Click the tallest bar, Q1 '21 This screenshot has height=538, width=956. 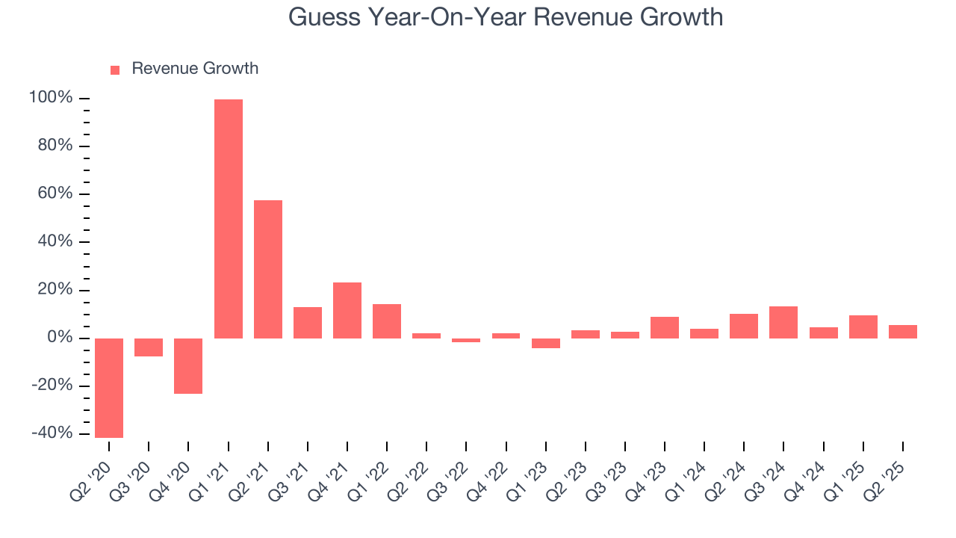229,218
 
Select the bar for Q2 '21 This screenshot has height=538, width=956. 268,269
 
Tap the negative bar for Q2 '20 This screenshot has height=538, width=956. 109,388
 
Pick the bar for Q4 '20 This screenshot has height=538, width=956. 188,366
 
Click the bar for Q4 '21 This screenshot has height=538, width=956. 347,310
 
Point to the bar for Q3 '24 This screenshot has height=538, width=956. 783,322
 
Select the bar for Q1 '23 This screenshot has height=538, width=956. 546,343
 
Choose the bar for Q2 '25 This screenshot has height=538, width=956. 903,332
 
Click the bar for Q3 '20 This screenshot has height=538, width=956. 149,347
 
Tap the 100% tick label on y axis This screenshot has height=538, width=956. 51,98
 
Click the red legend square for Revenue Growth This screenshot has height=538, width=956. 115,69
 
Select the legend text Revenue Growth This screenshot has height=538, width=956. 195,69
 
